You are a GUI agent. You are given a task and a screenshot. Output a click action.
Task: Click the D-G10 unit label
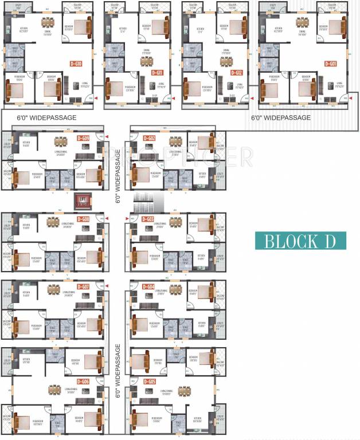pos(76,64)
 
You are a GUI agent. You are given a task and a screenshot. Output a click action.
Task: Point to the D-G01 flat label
pos(330,64)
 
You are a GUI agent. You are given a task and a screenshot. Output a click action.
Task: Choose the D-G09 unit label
pos(84,139)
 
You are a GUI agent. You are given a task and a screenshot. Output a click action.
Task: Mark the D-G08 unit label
pos(84,219)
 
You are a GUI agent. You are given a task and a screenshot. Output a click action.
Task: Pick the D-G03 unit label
pos(148,219)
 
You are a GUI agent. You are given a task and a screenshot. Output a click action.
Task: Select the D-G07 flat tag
pos(84,286)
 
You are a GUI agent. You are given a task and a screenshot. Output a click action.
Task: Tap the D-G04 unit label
pos(148,286)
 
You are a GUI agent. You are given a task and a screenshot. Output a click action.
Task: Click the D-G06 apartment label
pos(84,382)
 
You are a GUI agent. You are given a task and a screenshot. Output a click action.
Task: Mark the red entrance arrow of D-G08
pos(106,219)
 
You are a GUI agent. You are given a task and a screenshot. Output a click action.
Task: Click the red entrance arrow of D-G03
pos(127,219)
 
